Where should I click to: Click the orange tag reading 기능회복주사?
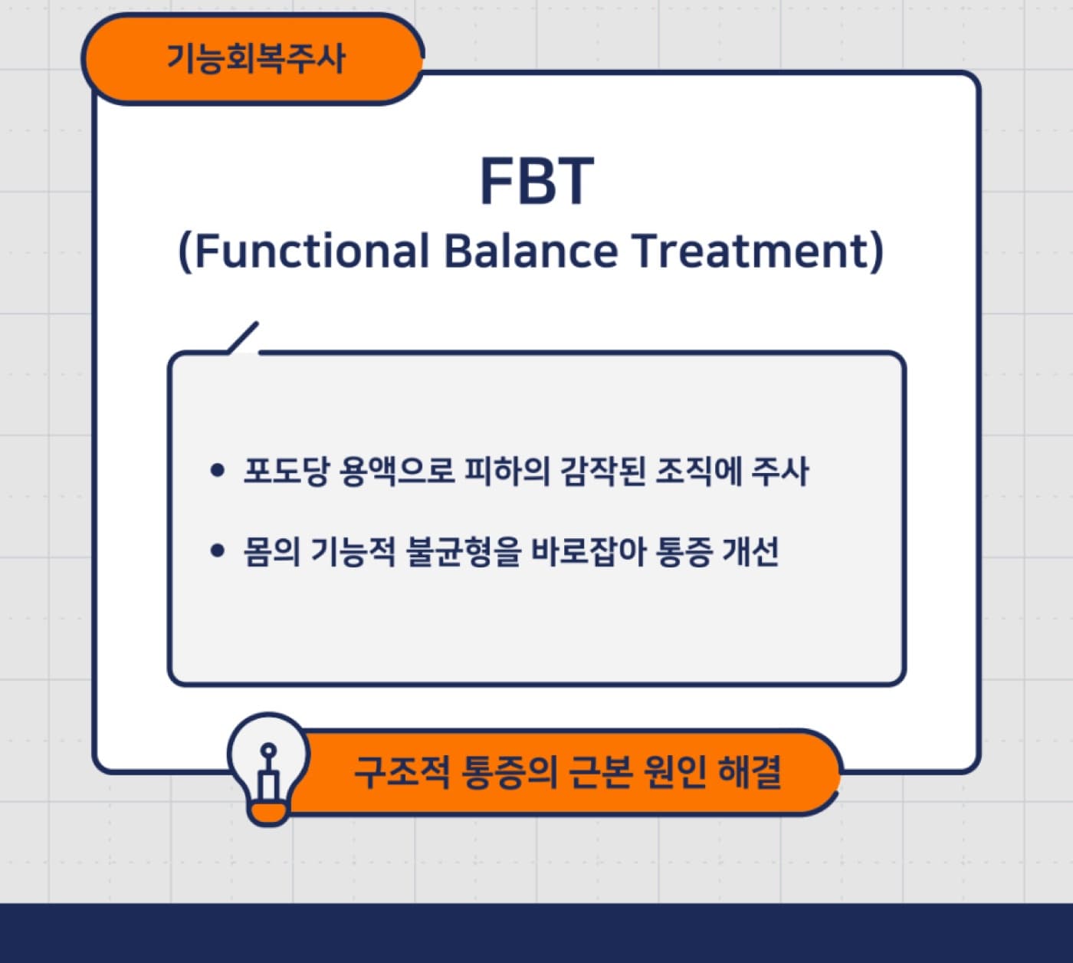pos(253,59)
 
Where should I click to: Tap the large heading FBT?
pos(536,181)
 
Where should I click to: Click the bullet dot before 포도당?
pos(217,470)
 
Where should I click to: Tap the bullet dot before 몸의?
pos(217,551)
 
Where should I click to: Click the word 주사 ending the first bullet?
pos(780,471)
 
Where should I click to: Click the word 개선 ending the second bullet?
pos(751,551)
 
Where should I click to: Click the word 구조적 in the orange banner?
pos(402,772)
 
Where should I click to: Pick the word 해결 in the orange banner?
pos(750,772)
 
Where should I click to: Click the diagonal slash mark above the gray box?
pos(243,337)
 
